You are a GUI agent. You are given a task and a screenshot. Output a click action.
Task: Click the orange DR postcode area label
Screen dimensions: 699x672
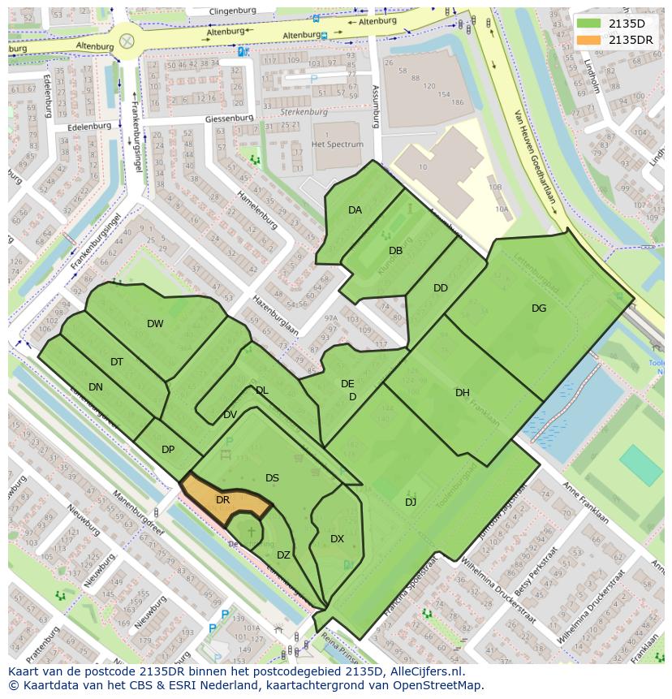pos(222,500)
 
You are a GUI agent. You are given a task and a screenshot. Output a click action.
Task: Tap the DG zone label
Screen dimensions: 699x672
pos(539,308)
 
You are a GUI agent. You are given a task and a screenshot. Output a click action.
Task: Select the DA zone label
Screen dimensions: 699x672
pos(355,210)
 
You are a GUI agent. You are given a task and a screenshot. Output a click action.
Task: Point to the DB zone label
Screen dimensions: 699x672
pos(395,251)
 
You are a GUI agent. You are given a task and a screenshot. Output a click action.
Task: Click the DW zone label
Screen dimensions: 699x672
pos(155,324)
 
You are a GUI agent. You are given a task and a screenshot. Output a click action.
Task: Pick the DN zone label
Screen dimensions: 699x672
pos(96,387)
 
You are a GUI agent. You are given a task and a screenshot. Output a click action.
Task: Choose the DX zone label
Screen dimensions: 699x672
pos(337,538)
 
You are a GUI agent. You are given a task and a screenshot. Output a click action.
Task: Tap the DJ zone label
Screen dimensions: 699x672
pos(411,503)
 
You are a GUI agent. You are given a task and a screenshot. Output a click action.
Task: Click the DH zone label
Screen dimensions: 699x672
pos(462,393)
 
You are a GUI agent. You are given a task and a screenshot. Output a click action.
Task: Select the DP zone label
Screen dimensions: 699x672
pos(168,450)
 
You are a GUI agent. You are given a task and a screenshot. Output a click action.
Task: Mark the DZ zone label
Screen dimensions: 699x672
pos(283,555)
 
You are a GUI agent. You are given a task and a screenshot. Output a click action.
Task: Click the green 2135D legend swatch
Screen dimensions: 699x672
pos(588,24)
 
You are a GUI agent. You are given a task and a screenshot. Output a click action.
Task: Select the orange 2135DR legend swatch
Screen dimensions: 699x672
pos(588,40)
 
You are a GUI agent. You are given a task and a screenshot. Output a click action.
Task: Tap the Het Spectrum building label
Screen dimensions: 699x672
pos(338,145)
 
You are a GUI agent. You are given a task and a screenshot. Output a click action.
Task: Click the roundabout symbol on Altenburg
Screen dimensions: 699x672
pos(127,41)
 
